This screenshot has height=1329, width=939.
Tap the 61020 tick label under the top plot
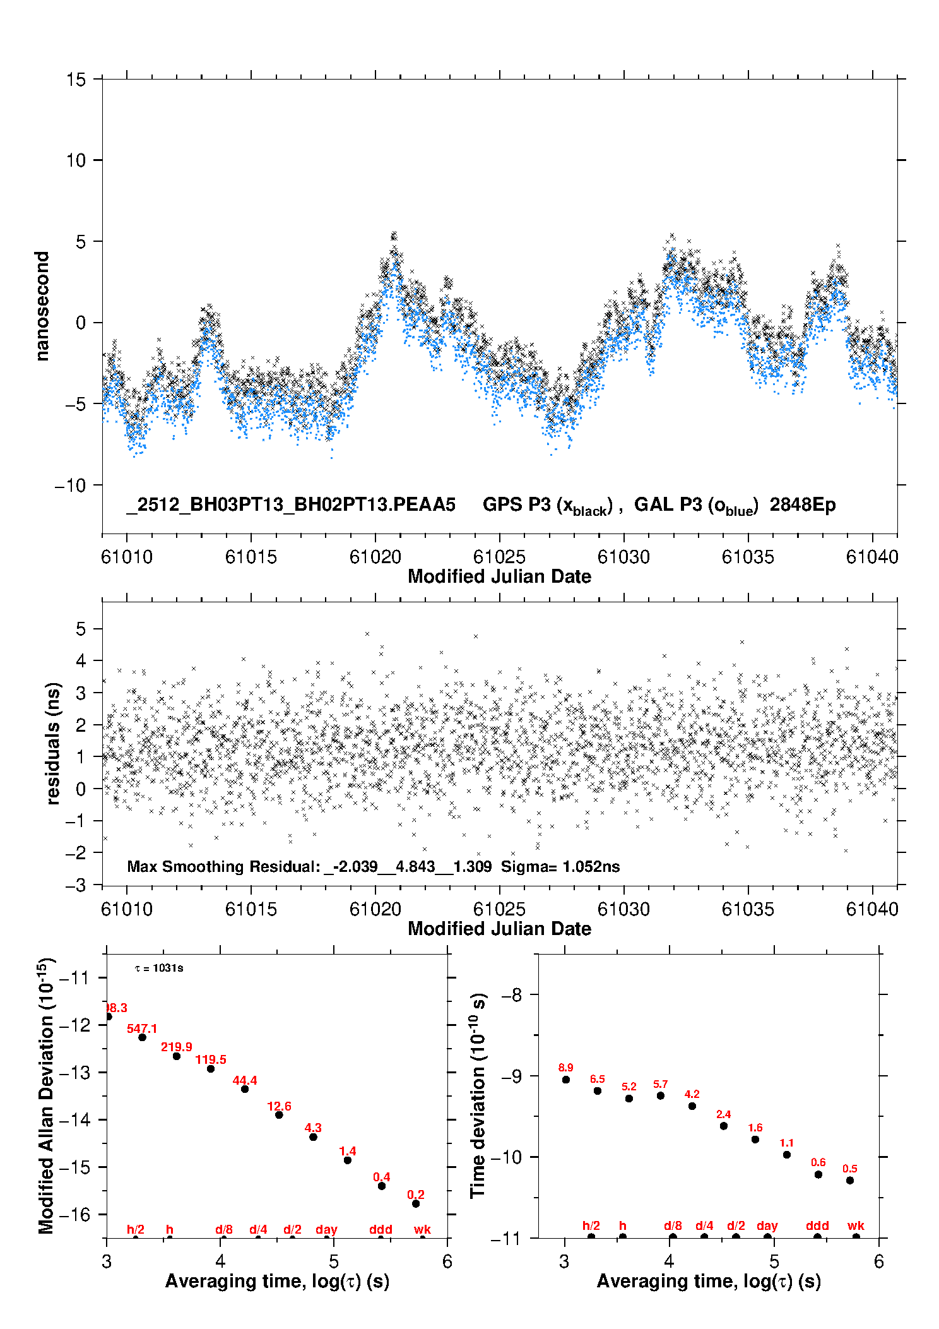pyautogui.click(x=375, y=557)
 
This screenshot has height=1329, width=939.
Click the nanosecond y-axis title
pyautogui.click(x=42, y=306)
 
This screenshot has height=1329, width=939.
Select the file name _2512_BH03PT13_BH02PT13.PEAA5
pyautogui.click(x=291, y=504)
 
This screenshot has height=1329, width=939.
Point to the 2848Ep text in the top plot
pyautogui.click(x=803, y=504)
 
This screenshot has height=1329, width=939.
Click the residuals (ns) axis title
pyautogui.click(x=54, y=743)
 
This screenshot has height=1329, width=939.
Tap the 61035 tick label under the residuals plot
pyautogui.click(x=748, y=909)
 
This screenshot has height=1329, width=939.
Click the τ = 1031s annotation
pyautogui.click(x=159, y=968)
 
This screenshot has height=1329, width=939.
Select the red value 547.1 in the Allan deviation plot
pyautogui.click(x=142, y=1028)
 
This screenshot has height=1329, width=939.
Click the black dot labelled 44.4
pyautogui.click(x=245, y=1088)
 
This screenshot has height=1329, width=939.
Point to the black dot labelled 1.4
pyautogui.click(x=348, y=1160)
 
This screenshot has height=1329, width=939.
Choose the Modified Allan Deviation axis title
pyautogui.click(x=46, y=1095)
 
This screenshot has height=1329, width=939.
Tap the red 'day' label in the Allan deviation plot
pyautogui.click(x=326, y=1229)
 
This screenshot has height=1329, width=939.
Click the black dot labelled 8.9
pyautogui.click(x=566, y=1079)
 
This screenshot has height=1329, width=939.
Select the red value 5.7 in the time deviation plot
pyautogui.click(x=660, y=1084)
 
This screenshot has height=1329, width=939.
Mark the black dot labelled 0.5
pyautogui.click(x=850, y=1180)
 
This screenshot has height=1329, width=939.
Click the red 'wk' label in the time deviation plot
pyautogui.click(x=856, y=1225)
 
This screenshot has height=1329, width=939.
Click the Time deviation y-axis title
pyautogui.click(x=478, y=1095)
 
